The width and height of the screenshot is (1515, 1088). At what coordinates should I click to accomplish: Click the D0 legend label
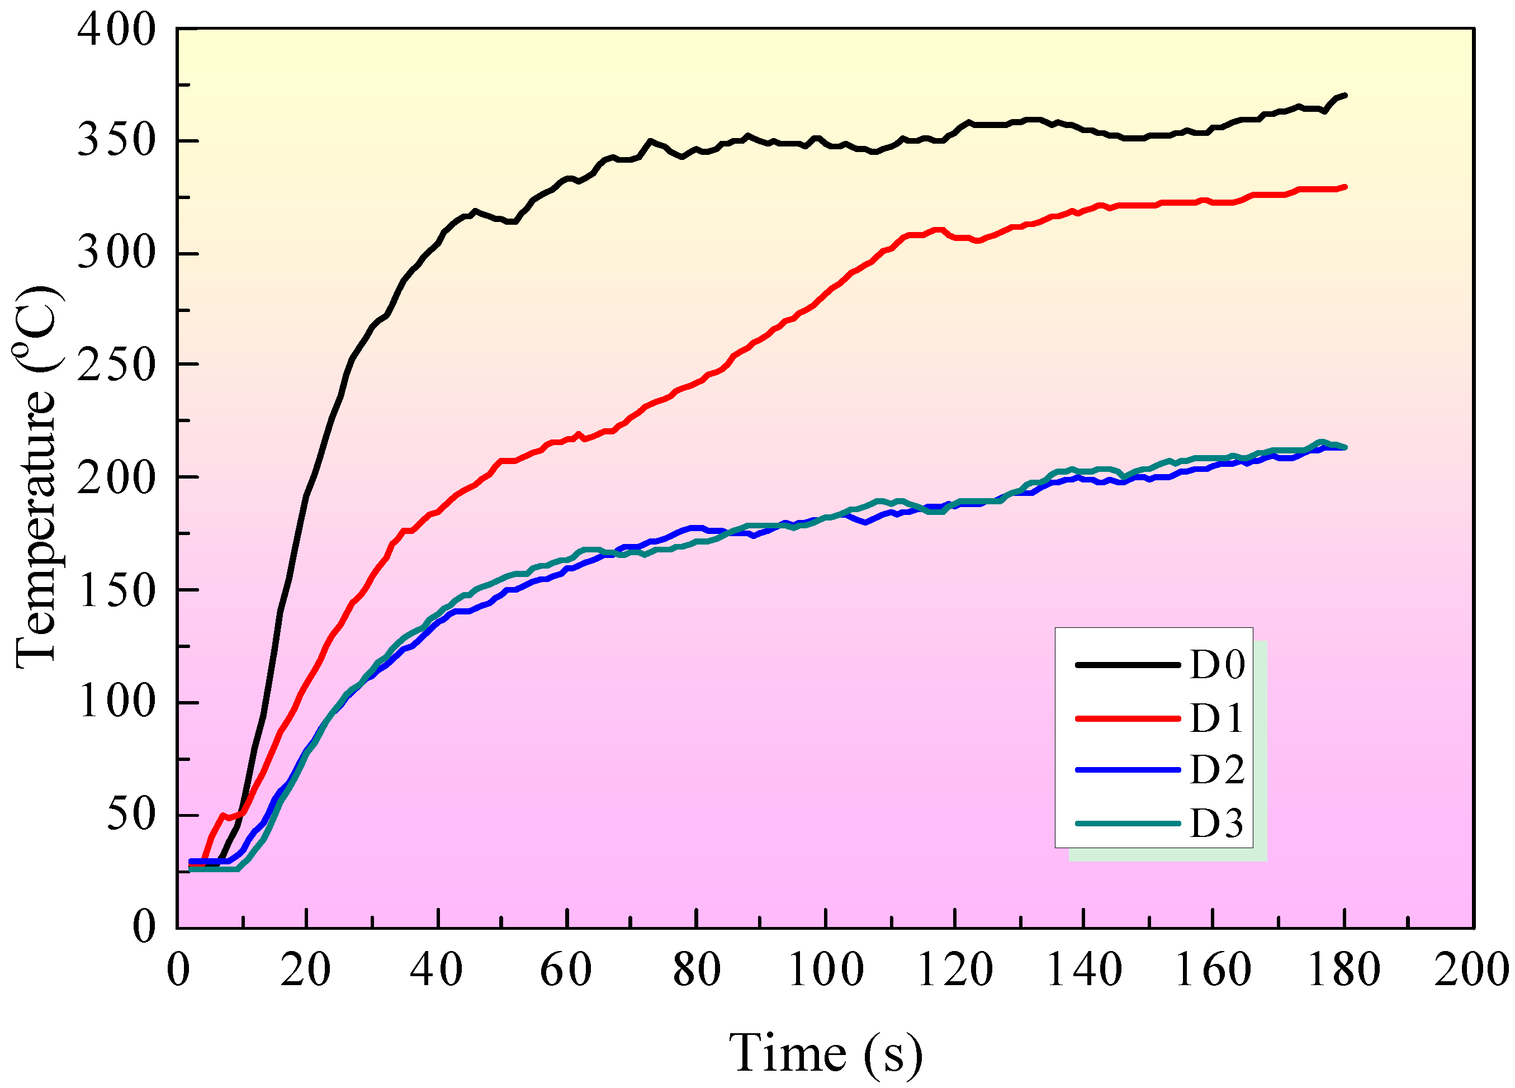[x=1217, y=665]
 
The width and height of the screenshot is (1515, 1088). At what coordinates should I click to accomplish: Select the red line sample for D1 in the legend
[x=1128, y=718]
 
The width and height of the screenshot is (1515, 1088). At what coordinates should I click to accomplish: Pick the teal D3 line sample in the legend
[x=1128, y=824]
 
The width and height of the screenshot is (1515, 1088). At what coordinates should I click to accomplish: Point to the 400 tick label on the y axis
[x=116, y=30]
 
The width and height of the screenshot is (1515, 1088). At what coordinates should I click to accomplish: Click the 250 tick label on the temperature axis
[x=116, y=365]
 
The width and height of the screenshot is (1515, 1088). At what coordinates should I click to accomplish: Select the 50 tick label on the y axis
[x=131, y=815]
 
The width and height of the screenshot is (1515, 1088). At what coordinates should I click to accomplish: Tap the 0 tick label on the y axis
[x=144, y=927]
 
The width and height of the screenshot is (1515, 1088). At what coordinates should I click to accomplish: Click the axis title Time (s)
[x=826, y=1053]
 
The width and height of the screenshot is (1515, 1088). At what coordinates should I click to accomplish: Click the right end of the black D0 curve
[x=1344, y=96]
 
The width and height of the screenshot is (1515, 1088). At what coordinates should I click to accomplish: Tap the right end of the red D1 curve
[x=1344, y=187]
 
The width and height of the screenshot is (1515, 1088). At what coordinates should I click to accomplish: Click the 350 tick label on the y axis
[x=116, y=141]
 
